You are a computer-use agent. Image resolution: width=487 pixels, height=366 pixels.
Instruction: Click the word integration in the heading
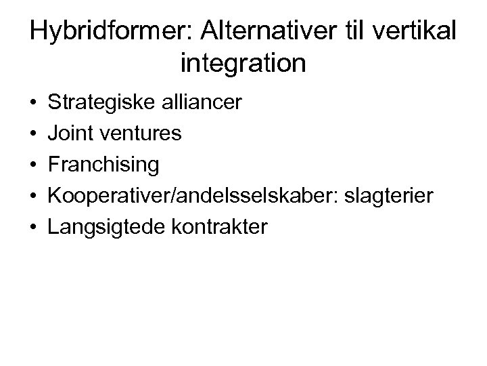click(x=243, y=64)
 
